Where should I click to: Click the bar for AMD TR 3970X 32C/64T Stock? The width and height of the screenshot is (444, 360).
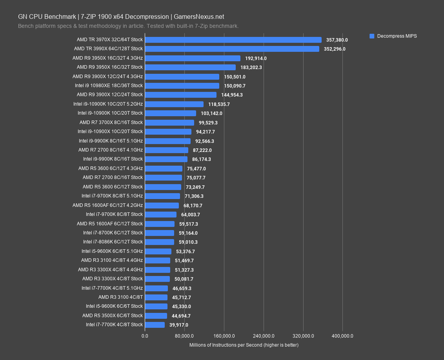[233, 40]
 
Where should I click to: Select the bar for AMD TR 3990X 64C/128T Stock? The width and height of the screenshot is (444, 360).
[232, 49]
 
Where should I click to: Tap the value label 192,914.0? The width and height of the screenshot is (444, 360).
[256, 58]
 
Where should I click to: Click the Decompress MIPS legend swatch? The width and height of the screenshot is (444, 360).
[372, 36]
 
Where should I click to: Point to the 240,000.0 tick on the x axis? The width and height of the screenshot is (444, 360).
[264, 336]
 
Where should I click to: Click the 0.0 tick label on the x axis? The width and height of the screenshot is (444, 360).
[145, 336]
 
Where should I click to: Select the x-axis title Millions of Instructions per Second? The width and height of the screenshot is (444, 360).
[244, 345]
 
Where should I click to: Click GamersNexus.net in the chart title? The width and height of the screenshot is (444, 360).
[199, 16]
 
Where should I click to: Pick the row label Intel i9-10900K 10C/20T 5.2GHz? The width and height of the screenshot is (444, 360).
[108, 104]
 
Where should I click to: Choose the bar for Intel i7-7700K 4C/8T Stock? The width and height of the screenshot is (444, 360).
[155, 325]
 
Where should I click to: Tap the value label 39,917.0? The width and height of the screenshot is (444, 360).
[179, 325]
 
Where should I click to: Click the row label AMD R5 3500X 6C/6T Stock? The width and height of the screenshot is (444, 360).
[112, 315]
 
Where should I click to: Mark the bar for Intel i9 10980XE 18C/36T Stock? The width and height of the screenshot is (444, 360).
[182, 86]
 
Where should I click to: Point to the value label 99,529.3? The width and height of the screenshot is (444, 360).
[208, 122]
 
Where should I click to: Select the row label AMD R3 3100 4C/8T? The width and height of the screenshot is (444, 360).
[120, 297]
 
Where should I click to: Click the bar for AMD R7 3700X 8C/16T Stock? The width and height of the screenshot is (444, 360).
[169, 122]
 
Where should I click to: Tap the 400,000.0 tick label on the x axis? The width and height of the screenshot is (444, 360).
[343, 336]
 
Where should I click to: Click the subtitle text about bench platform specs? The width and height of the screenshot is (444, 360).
[128, 26]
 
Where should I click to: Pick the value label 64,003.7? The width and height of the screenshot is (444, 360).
[191, 214]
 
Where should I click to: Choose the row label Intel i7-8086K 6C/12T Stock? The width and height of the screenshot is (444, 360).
[113, 242]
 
